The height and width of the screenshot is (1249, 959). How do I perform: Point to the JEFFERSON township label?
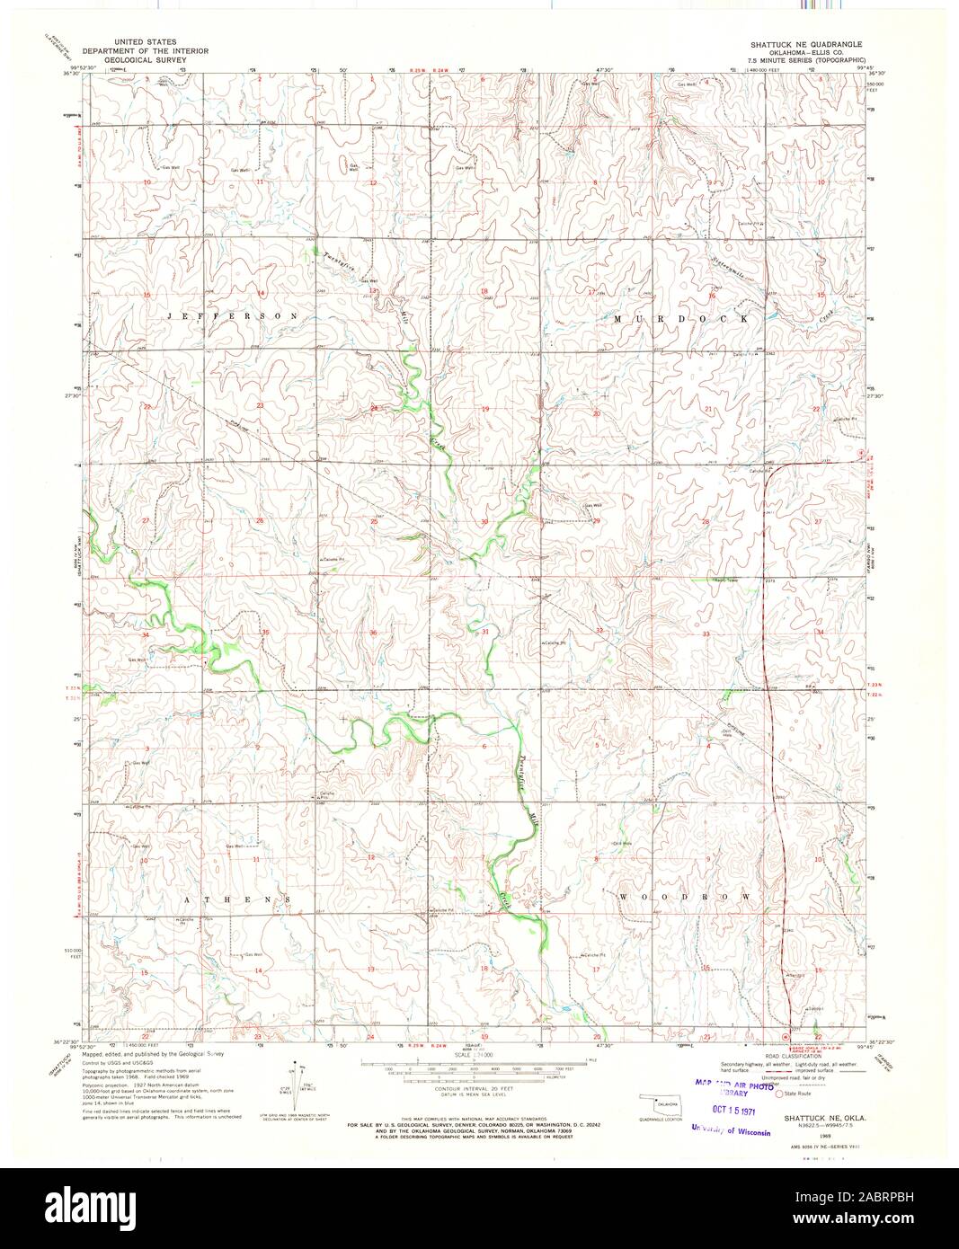[232, 317]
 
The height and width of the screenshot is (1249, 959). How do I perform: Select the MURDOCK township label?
[681, 319]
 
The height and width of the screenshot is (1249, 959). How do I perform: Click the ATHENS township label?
[237, 899]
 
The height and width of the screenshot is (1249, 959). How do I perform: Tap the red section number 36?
[373, 633]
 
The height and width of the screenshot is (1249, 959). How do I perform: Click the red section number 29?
[595, 520]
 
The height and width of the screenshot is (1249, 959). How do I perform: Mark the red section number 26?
[260, 521]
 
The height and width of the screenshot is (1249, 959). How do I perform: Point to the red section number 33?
[706, 634]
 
